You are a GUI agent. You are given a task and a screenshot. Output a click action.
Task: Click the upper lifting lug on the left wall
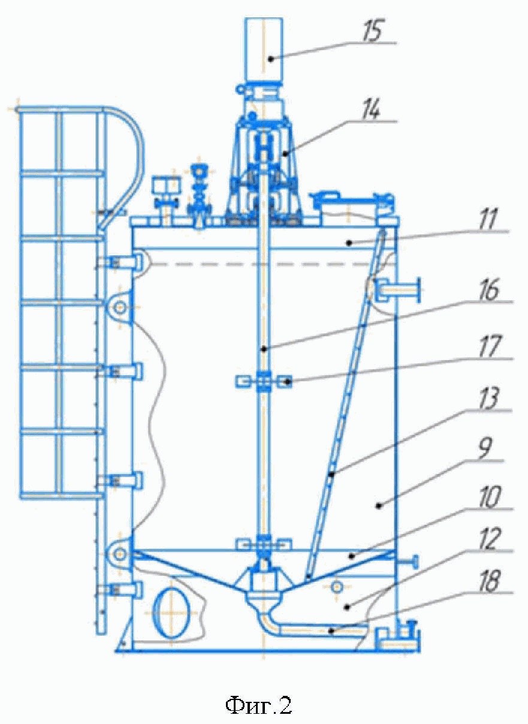[x=120, y=307]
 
